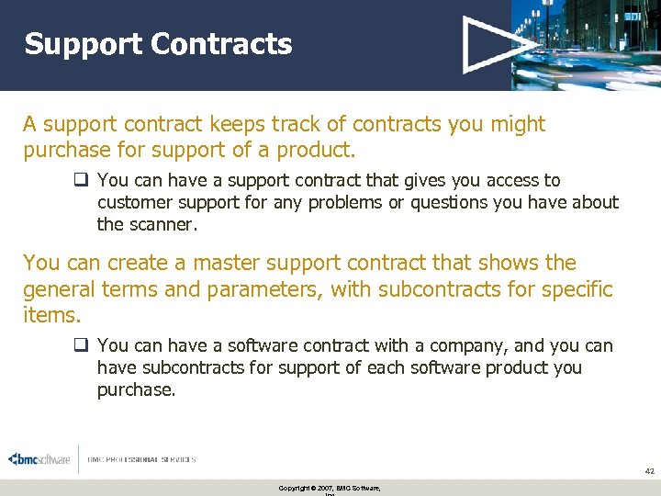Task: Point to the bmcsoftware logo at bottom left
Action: pos(39,459)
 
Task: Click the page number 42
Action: pos(649,471)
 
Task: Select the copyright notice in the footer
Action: pos(330,488)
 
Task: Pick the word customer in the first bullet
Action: pos(134,202)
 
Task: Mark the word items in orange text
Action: pos(50,316)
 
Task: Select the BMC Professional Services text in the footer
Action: pos(142,459)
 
